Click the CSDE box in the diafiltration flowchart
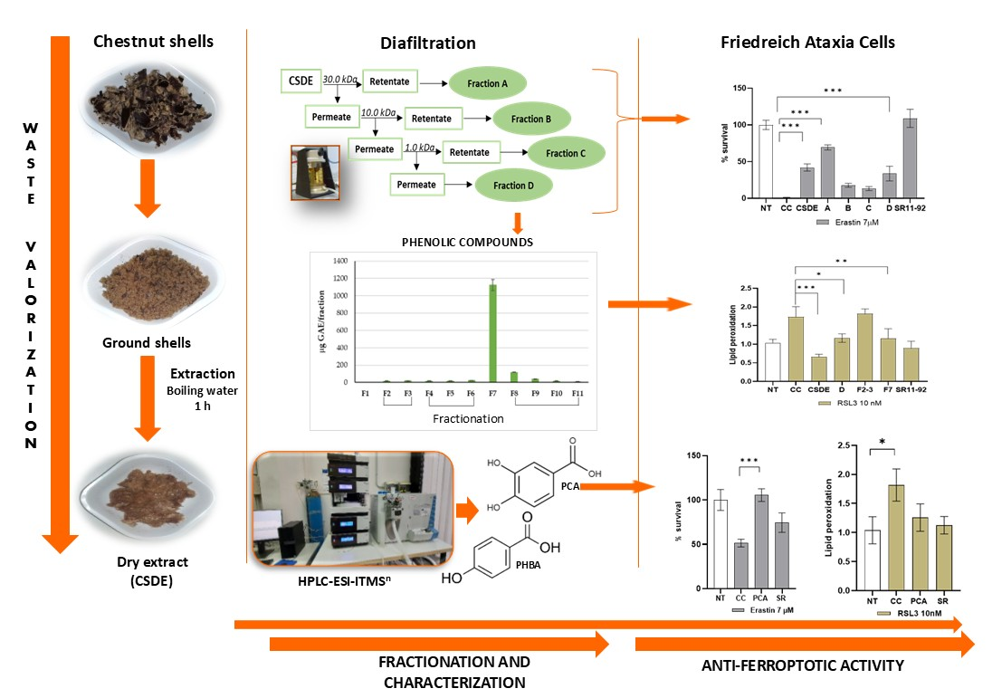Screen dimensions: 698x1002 [299, 82]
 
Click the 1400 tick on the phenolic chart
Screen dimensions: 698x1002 [339, 261]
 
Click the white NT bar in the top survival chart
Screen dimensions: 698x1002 [766, 162]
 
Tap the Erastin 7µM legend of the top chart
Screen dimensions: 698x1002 [847, 222]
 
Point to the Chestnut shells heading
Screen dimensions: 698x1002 [155, 41]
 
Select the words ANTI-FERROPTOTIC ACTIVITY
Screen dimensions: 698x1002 [803, 666]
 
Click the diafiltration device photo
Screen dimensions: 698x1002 [315, 176]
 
